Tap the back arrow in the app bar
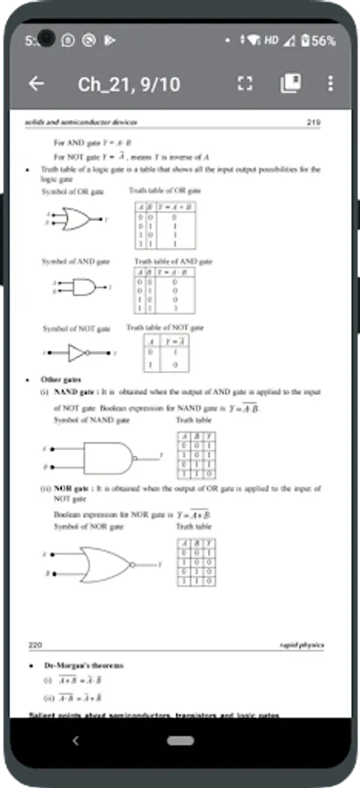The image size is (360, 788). pyautogui.click(x=36, y=83)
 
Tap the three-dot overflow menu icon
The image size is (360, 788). pyautogui.click(x=329, y=83)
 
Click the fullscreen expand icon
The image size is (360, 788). pyautogui.click(x=245, y=83)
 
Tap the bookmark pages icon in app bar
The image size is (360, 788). pyautogui.click(x=290, y=83)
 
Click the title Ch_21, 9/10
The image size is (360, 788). pyautogui.click(x=129, y=84)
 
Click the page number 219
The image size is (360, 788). pyautogui.click(x=314, y=123)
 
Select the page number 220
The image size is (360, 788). pyautogui.click(x=36, y=644)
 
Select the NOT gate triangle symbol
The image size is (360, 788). pyautogui.click(x=78, y=353)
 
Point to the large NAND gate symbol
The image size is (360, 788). pyautogui.click(x=109, y=455)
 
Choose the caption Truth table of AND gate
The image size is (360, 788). pyautogui.click(x=173, y=261)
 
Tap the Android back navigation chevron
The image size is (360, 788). pyautogui.click(x=75, y=741)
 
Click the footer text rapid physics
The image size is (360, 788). pyautogui.click(x=300, y=645)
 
